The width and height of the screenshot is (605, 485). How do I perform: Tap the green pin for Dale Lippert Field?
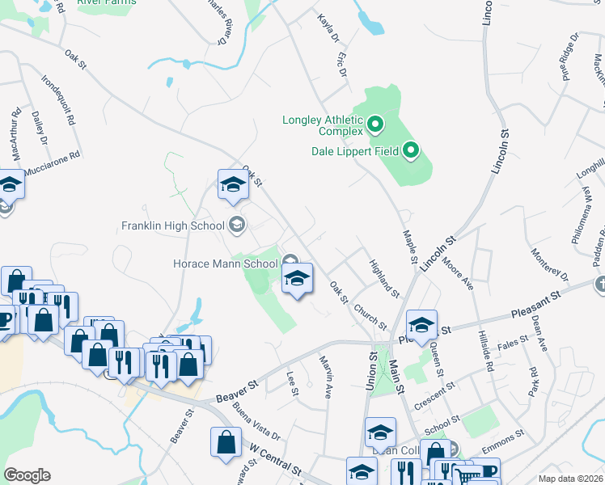(412, 150)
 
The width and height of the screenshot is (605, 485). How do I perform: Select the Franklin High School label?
(174, 226)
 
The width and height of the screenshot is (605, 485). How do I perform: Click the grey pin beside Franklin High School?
(237, 225)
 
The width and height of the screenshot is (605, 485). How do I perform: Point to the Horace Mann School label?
(226, 264)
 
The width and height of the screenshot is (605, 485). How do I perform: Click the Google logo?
(27, 474)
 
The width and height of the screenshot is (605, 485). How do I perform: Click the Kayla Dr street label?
(327, 27)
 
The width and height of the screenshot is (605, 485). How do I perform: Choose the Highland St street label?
(383, 277)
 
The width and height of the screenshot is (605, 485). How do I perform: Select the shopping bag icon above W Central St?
(225, 442)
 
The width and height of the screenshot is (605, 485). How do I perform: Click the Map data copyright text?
(570, 479)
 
